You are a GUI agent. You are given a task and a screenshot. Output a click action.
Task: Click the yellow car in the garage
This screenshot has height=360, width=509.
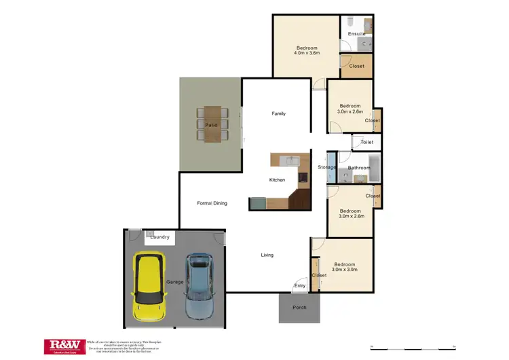(x=149, y=287)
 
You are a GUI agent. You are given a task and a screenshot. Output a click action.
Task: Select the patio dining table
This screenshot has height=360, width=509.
(x=211, y=124)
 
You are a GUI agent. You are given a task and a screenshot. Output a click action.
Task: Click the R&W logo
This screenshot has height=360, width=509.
(x=64, y=346)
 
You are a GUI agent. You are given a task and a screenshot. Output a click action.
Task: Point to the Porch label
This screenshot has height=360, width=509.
(x=299, y=307)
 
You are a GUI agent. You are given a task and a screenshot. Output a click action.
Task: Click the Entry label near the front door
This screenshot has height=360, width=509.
(x=299, y=285)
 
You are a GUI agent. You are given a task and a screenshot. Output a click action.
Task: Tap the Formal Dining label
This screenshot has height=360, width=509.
(x=212, y=203)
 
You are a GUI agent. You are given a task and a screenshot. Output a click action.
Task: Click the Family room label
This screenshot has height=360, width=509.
(x=278, y=113)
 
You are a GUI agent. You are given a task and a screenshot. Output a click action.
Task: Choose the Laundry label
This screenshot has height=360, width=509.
(x=160, y=237)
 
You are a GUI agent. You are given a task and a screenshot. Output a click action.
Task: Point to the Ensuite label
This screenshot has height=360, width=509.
(x=356, y=34)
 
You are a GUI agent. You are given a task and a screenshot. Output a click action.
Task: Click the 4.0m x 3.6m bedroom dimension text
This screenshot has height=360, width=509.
(x=306, y=52)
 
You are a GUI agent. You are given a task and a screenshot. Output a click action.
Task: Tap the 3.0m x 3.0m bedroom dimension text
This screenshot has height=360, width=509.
(x=345, y=270)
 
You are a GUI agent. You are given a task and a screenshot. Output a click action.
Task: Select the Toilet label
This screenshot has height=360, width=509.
(x=366, y=143)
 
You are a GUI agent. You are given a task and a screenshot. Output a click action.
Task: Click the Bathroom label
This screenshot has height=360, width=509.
(x=359, y=168)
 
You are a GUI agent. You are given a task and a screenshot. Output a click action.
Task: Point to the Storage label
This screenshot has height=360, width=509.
(x=327, y=167)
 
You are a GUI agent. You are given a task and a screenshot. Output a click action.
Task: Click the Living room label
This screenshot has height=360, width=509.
(x=267, y=255)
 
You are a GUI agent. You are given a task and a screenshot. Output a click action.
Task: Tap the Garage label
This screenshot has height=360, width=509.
(x=174, y=281)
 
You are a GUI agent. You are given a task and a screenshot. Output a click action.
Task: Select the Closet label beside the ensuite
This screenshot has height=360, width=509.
(x=356, y=66)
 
